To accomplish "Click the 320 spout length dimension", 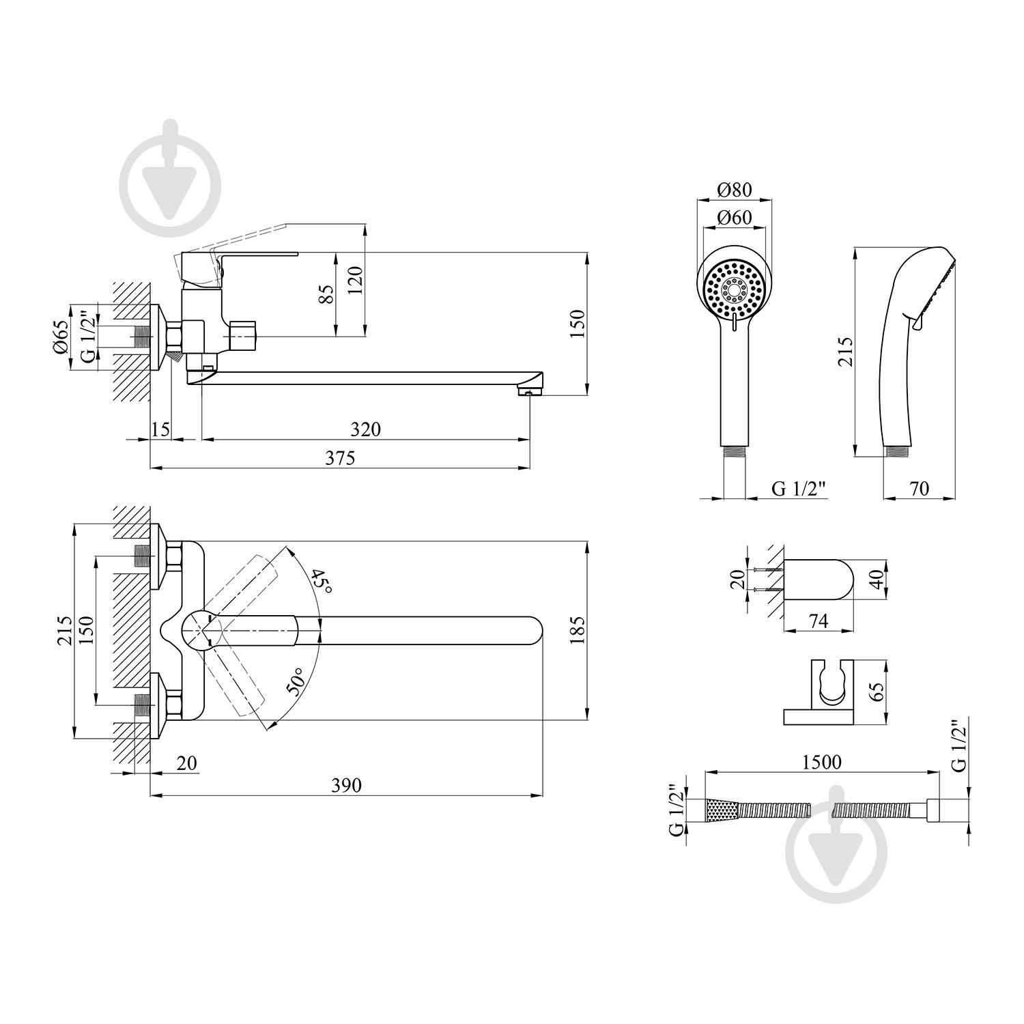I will coord(365,429).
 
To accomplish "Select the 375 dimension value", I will coord(340,458).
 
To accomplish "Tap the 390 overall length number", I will coord(346,786).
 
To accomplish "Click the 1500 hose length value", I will coord(822,761).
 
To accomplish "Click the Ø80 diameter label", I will coord(734,189).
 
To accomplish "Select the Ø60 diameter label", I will coord(734,218).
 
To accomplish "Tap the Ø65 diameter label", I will coord(60,337).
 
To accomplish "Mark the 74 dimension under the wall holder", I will coord(818,621).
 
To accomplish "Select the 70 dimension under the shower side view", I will coord(919,489).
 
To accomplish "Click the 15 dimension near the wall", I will coord(160,429).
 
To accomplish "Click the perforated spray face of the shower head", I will coord(734,289).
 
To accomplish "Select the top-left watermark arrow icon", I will coord(171,172).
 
